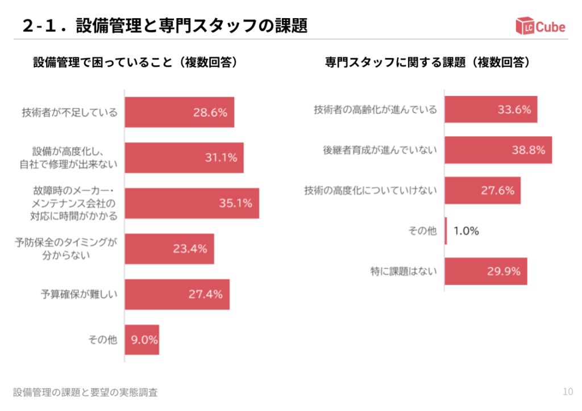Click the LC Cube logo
point(540,26)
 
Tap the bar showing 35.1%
point(192,203)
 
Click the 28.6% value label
point(210,112)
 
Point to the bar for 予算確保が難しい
point(177,294)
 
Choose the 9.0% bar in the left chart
point(142,339)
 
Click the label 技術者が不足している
point(70,112)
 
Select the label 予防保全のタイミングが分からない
point(66,249)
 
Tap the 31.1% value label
point(221,158)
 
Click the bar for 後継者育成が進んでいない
point(498,150)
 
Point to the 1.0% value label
point(466,231)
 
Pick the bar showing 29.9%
point(485,271)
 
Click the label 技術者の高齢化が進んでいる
point(376,110)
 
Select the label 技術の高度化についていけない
point(371,191)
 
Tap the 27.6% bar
point(482,191)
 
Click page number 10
point(567,391)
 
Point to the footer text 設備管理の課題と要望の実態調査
point(85,392)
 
